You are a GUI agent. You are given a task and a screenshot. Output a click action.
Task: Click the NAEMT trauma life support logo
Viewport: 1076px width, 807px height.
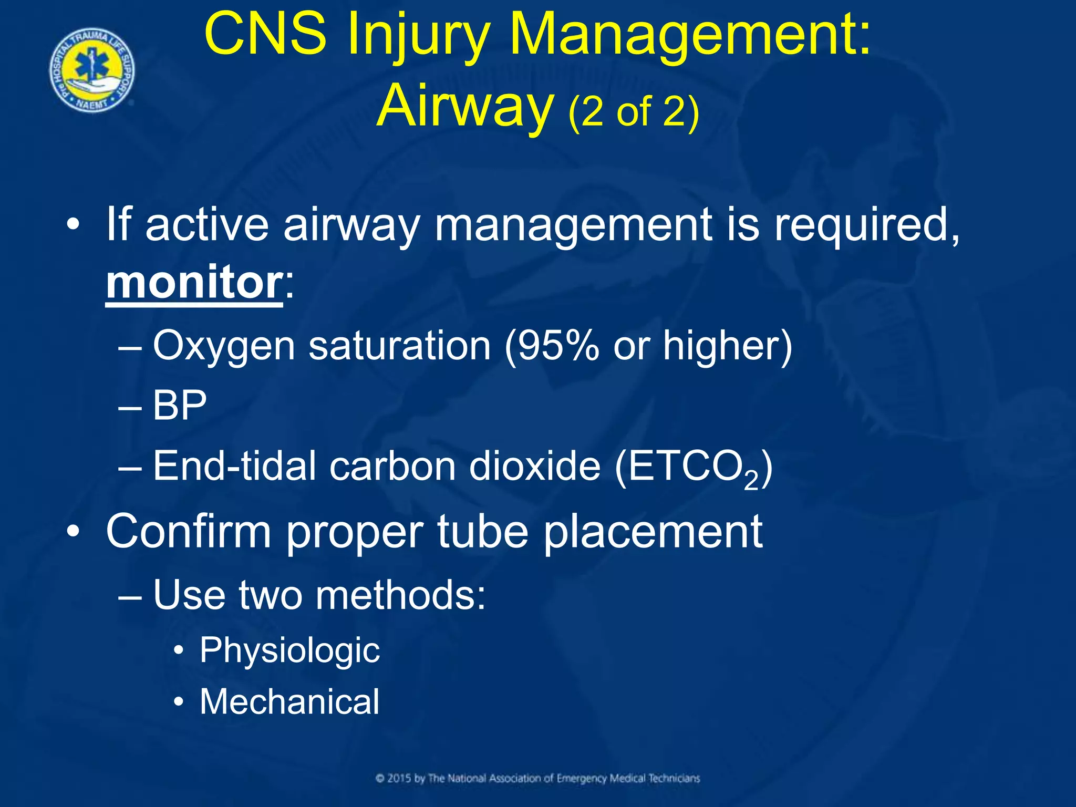coord(92,70)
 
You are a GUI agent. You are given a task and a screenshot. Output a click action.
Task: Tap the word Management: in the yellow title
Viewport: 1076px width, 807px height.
coord(690,34)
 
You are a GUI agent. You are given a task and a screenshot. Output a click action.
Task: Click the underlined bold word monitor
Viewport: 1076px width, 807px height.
coord(194,282)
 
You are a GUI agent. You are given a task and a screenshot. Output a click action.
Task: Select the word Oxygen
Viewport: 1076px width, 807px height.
coord(224,347)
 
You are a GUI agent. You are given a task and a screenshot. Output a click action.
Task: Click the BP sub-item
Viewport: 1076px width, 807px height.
coord(180,406)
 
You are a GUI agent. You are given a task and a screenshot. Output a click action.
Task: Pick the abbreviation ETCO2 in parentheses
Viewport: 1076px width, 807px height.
coord(691,467)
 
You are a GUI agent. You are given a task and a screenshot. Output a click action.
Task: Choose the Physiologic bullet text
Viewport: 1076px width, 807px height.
coord(289,650)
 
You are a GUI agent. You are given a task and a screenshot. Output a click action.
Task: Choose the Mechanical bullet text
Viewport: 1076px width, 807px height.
coord(289,701)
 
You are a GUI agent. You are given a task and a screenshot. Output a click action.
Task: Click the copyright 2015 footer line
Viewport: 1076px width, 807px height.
coord(537,778)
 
